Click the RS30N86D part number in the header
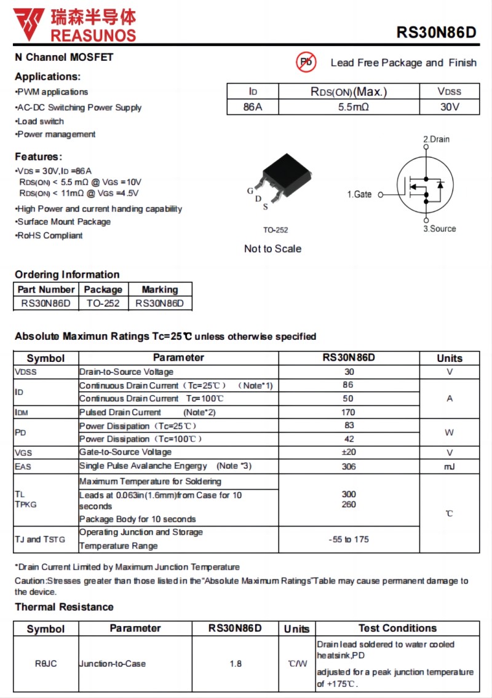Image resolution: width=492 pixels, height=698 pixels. click(x=436, y=33)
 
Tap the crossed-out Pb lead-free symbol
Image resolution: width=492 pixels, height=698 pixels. click(x=306, y=62)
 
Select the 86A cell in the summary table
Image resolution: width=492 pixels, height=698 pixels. click(x=253, y=107)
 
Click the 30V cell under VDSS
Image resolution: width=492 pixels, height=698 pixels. click(x=450, y=107)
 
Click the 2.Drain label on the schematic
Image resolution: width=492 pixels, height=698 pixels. click(x=436, y=139)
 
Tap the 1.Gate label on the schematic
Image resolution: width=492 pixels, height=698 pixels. click(x=359, y=194)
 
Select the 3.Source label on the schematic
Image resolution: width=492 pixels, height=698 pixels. click(x=439, y=229)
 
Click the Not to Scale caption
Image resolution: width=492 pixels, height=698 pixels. click(x=272, y=249)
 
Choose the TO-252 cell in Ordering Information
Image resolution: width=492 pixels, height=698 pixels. click(x=103, y=303)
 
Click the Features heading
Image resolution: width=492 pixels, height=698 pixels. click(x=38, y=157)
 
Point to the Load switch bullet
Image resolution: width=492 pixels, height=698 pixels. click(x=41, y=121)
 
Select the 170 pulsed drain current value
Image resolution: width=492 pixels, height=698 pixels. click(x=348, y=412)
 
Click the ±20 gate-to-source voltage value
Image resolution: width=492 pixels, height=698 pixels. click(x=349, y=452)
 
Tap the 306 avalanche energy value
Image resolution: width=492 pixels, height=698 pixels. click(x=349, y=466)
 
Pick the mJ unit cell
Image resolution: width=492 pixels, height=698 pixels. click(x=450, y=466)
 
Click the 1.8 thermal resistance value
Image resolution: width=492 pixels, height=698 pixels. click(x=236, y=664)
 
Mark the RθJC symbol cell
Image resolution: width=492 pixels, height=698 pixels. click(x=46, y=664)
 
